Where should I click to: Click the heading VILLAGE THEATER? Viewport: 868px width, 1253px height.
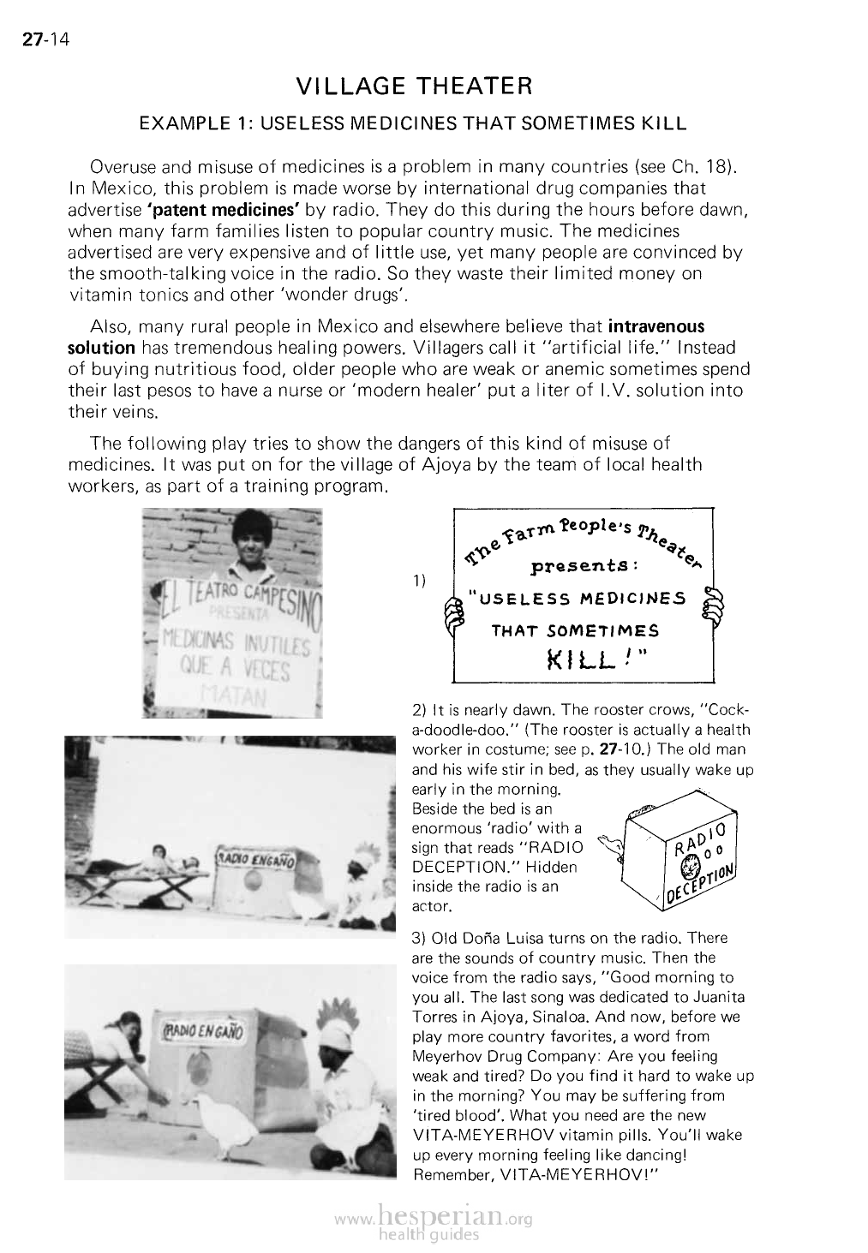(414, 87)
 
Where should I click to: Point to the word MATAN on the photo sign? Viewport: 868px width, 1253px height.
(232, 694)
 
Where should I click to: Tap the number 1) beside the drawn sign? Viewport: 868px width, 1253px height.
(419, 582)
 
